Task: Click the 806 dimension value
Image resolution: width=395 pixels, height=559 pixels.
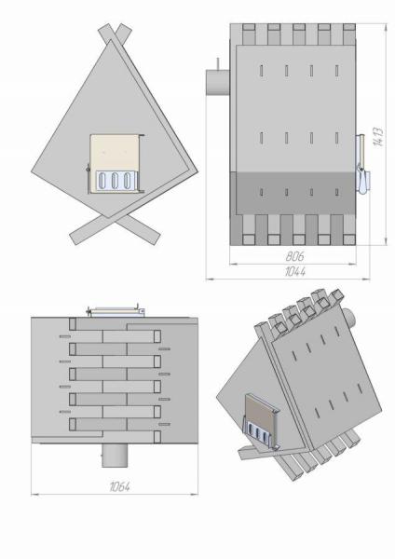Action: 294,256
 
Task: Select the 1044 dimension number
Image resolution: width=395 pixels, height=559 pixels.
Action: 295,272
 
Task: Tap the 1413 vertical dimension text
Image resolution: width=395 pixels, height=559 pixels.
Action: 378,137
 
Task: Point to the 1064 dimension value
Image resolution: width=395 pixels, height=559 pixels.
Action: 120,486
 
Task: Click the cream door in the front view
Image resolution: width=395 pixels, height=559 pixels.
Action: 115,163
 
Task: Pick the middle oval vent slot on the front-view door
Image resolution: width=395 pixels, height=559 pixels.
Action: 115,181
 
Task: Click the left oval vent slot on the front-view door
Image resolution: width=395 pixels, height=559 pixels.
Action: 102,181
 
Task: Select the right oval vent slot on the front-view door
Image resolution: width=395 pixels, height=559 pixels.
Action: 127,181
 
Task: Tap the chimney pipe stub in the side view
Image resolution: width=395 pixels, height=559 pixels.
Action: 217,82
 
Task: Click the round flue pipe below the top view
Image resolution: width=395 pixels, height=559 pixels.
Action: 115,456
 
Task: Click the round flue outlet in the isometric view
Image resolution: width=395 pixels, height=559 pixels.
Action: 349,318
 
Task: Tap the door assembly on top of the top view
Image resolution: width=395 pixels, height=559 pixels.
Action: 116,311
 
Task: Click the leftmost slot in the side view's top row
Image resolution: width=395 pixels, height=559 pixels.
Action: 261,71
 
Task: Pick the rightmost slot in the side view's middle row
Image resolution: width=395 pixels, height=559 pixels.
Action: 337,138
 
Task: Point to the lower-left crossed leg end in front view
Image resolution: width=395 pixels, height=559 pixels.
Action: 75,238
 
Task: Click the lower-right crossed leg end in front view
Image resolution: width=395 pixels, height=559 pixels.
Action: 155,238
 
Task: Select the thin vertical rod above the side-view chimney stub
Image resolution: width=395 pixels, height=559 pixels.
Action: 217,63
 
